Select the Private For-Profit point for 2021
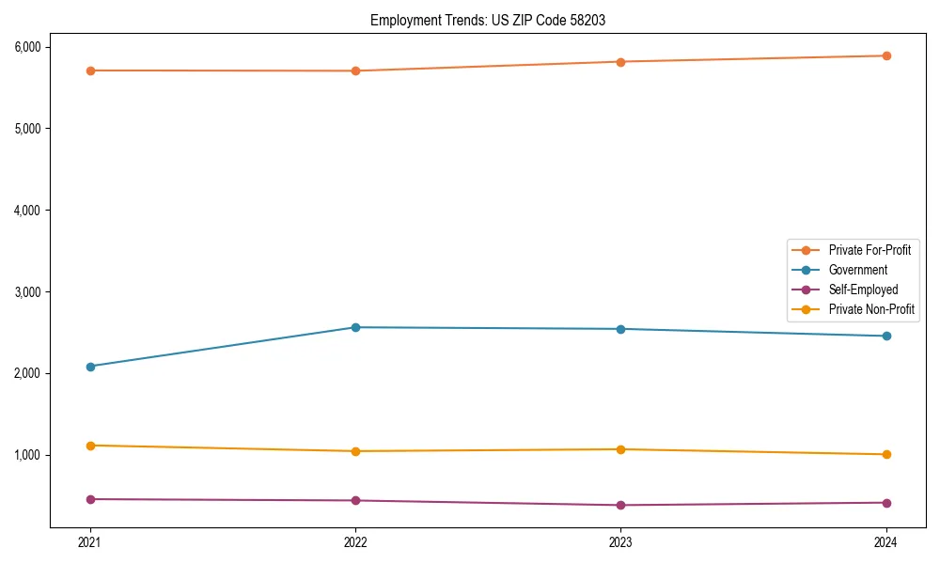pyautogui.click(x=90, y=70)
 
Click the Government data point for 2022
pyautogui.click(x=355, y=327)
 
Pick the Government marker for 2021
pyautogui.click(x=90, y=367)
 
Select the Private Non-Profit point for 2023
pyautogui.click(x=620, y=449)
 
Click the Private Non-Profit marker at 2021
pyautogui.click(x=90, y=446)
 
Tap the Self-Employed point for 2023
pyautogui.click(x=620, y=505)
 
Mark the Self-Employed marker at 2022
pyautogui.click(x=355, y=500)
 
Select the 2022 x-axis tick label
pyautogui.click(x=355, y=541)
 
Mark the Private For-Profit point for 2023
pyautogui.click(x=620, y=62)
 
